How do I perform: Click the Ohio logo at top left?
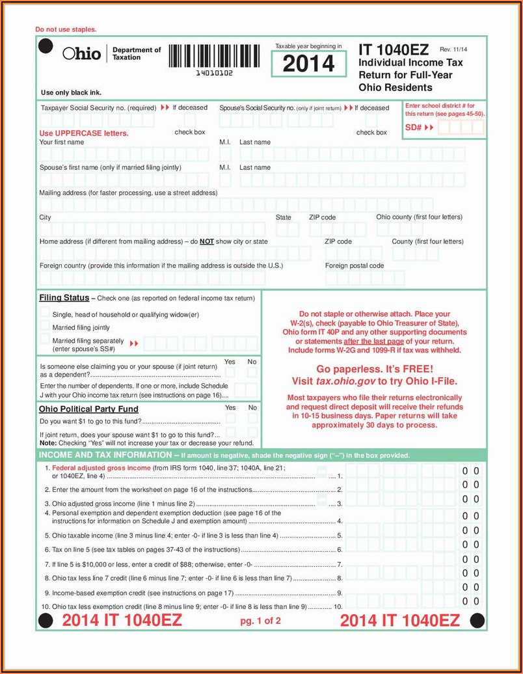click(82, 53)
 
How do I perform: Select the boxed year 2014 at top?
click(308, 64)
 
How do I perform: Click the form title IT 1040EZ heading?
click(393, 50)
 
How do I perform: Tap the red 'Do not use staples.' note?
click(66, 29)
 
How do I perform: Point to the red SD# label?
click(414, 128)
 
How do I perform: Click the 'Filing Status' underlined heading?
click(64, 298)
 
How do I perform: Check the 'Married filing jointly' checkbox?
click(45, 327)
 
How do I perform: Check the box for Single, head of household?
click(45, 313)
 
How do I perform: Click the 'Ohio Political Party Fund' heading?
click(88, 409)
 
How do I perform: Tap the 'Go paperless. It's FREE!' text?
click(375, 368)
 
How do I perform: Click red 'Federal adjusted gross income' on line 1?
click(101, 468)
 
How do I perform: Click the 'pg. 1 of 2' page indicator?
click(260, 621)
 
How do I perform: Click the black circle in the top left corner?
click(46, 46)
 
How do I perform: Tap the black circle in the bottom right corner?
click(477, 620)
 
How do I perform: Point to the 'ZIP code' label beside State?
click(322, 217)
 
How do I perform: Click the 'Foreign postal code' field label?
click(355, 265)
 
